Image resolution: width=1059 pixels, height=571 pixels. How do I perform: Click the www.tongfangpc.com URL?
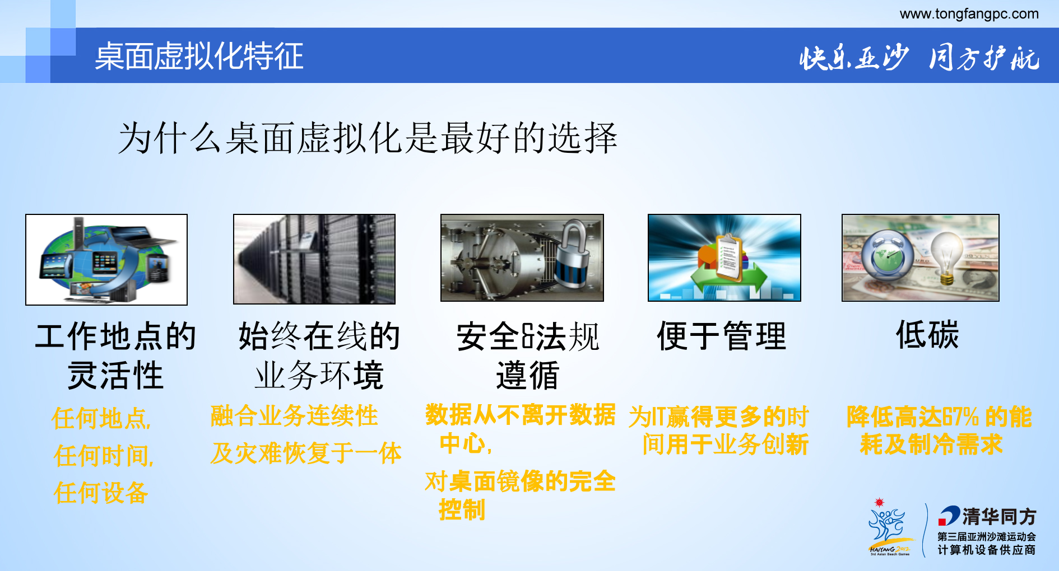point(969,14)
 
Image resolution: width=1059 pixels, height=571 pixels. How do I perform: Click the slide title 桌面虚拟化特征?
point(199,56)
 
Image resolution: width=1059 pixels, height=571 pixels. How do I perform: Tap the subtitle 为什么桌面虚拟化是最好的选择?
point(368,138)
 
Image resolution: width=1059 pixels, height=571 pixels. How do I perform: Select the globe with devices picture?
point(106,260)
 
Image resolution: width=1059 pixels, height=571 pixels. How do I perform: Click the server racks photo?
point(314,259)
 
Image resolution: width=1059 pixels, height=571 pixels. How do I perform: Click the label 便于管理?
point(722,336)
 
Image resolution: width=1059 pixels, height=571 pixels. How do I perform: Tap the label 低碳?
point(927,335)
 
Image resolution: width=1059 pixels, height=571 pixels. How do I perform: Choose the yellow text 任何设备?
point(101,493)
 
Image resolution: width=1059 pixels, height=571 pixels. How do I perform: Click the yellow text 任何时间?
point(103,456)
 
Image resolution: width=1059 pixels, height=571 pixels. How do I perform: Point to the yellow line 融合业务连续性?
point(294,416)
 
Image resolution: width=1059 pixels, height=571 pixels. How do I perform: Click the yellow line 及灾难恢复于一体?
point(306,453)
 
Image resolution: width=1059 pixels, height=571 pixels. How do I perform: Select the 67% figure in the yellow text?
point(960,417)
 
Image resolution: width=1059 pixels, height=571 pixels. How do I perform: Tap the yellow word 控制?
point(462,510)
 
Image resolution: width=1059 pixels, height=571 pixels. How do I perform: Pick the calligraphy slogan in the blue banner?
point(919,58)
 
